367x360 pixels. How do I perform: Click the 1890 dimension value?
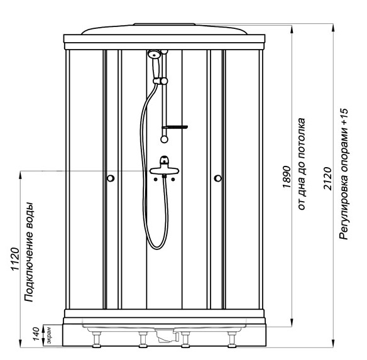pyautogui.click(x=287, y=177)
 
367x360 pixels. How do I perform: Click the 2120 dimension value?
pyautogui.click(x=327, y=178)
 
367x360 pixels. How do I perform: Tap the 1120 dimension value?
pyautogui.click(x=15, y=259)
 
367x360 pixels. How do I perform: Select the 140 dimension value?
pyautogui.click(x=36, y=334)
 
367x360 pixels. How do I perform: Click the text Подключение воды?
pyautogui.click(x=30, y=253)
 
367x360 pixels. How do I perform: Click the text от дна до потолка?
pyautogui.click(x=302, y=164)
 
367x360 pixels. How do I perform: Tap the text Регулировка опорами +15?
pyautogui.click(x=344, y=175)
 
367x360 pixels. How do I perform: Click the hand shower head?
pyautogui.click(x=154, y=55)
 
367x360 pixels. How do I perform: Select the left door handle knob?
pyautogui.click(x=111, y=178)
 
